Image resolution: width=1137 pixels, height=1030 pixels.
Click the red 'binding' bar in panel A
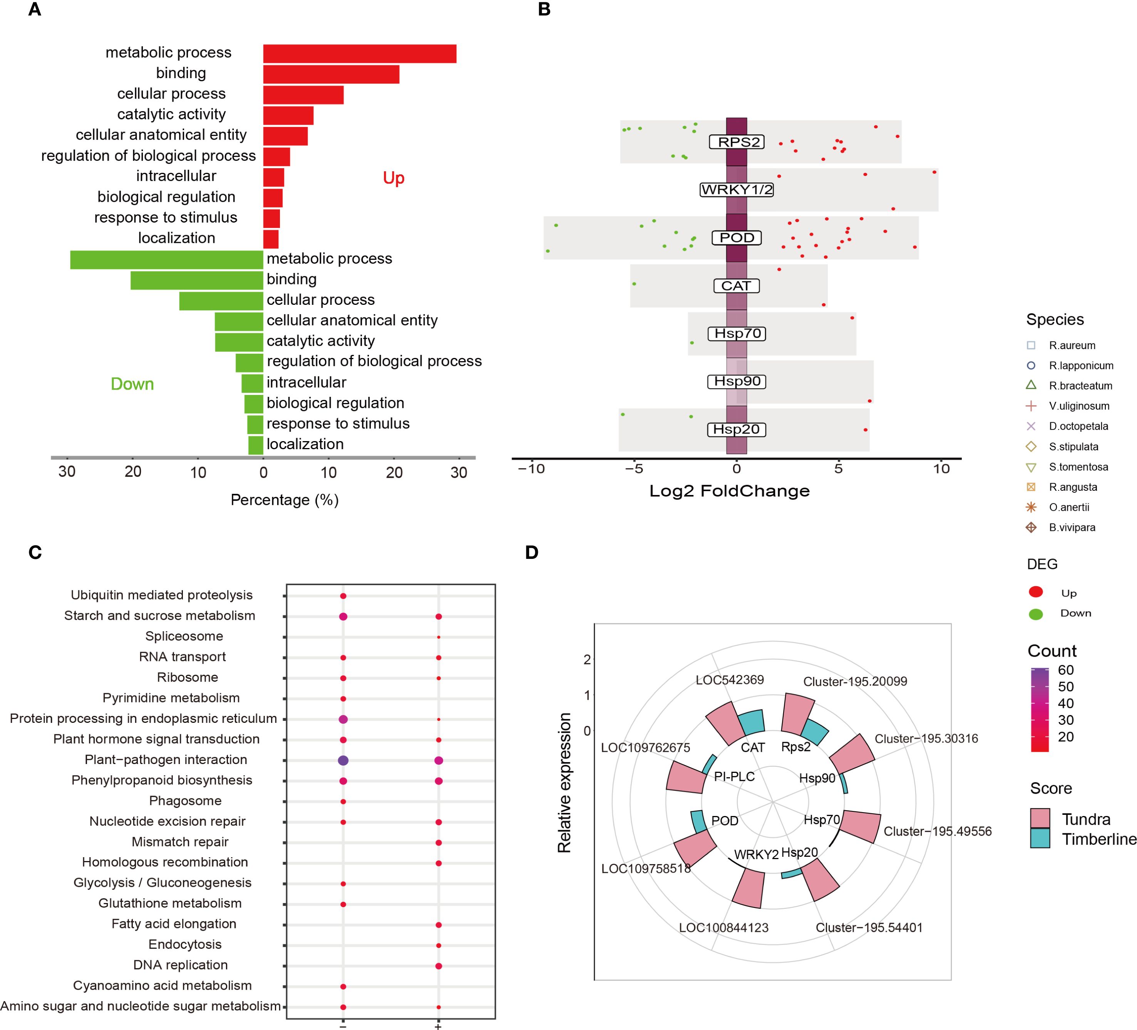click(331, 74)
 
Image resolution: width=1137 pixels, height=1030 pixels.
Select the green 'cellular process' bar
click(221, 301)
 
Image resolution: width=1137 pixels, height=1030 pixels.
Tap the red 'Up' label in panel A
click(394, 178)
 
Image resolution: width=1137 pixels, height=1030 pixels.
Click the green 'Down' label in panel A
click(132, 384)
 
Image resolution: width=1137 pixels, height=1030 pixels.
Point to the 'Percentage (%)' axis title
click(284, 500)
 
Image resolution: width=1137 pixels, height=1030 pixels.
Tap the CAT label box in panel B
click(737, 286)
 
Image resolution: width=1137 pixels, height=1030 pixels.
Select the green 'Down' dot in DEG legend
click(1035, 614)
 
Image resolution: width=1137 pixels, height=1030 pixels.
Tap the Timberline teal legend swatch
click(1040, 838)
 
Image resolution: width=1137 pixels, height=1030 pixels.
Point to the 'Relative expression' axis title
click(564, 783)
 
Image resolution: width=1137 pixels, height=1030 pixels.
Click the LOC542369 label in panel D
click(729, 680)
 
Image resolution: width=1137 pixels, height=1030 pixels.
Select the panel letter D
click(531, 552)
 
